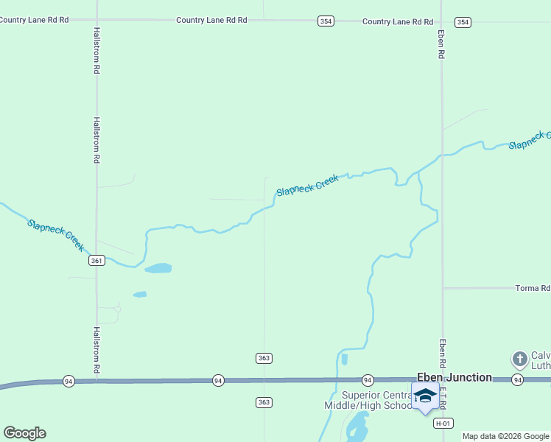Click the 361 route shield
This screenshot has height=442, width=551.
click(96, 261)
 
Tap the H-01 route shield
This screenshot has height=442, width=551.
click(442, 423)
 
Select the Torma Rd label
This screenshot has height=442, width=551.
click(533, 288)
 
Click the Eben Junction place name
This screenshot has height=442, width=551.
click(455, 377)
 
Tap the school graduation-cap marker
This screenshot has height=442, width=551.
click(425, 396)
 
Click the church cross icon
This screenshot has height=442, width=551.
click(519, 359)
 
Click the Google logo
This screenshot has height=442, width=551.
click(25, 433)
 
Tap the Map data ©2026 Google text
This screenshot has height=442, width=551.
click(505, 436)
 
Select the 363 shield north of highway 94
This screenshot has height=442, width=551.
click(264, 358)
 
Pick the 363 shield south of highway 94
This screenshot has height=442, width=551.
click(264, 402)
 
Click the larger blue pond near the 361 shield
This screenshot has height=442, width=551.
click(158, 268)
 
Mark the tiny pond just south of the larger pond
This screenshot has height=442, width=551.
click(140, 295)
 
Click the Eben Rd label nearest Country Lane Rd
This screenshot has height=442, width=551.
click(441, 44)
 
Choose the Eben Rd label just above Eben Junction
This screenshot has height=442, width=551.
click(443, 354)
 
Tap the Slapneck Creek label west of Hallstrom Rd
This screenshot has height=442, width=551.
click(56, 234)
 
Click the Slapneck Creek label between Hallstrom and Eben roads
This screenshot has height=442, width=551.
click(307, 185)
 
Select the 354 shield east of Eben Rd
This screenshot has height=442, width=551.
click(463, 22)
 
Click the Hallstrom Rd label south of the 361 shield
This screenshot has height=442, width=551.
click(96, 350)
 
